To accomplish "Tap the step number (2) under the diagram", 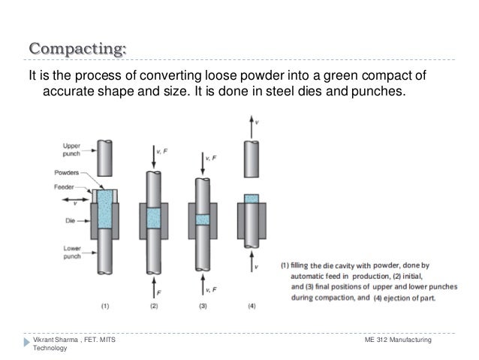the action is click(153, 306).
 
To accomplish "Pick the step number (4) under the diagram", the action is click(252, 306).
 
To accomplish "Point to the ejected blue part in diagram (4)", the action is click(252, 198).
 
